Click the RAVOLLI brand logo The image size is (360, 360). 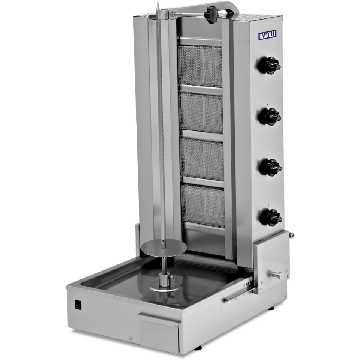pos(268,35)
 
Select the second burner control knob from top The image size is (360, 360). pos(270,116)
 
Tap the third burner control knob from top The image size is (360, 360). pos(270,167)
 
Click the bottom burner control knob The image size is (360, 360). pos(270,217)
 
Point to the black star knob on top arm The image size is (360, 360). pos(211,15)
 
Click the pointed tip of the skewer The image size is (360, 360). pos(158,1)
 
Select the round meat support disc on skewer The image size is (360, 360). pos(161,249)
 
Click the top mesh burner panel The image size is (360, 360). pos(200,65)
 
